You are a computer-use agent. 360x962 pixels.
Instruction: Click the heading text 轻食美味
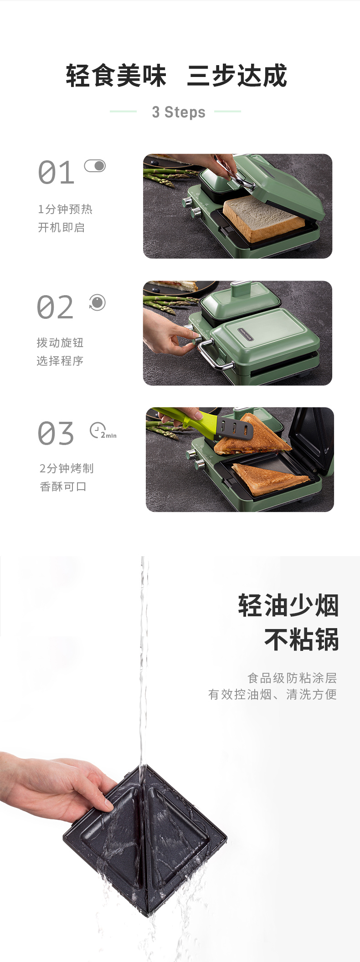pyautogui.click(x=116, y=76)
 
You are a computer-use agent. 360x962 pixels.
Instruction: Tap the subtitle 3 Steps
pyautogui.click(x=179, y=112)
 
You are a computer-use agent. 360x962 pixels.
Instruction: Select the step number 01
pyautogui.click(x=56, y=173)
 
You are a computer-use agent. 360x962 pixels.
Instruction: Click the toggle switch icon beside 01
pyautogui.click(x=95, y=166)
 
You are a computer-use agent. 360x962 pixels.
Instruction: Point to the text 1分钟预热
pyautogui.click(x=65, y=209)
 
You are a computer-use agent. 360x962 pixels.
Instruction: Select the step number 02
pyautogui.click(x=55, y=307)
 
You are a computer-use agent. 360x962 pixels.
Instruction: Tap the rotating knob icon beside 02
pyautogui.click(x=97, y=302)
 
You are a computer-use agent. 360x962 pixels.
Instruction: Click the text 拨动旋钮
pyautogui.click(x=60, y=343)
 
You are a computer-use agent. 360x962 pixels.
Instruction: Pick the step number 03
pyautogui.click(x=56, y=433)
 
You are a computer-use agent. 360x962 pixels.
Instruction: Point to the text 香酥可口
pyautogui.click(x=63, y=486)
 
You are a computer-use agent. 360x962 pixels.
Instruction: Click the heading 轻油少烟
pyautogui.click(x=288, y=606)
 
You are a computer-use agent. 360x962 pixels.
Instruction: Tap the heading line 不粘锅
pyautogui.click(x=302, y=640)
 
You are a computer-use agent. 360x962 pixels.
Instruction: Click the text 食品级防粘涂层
pyautogui.click(x=292, y=678)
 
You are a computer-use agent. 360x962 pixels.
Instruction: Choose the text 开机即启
pyautogui.click(x=61, y=227)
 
